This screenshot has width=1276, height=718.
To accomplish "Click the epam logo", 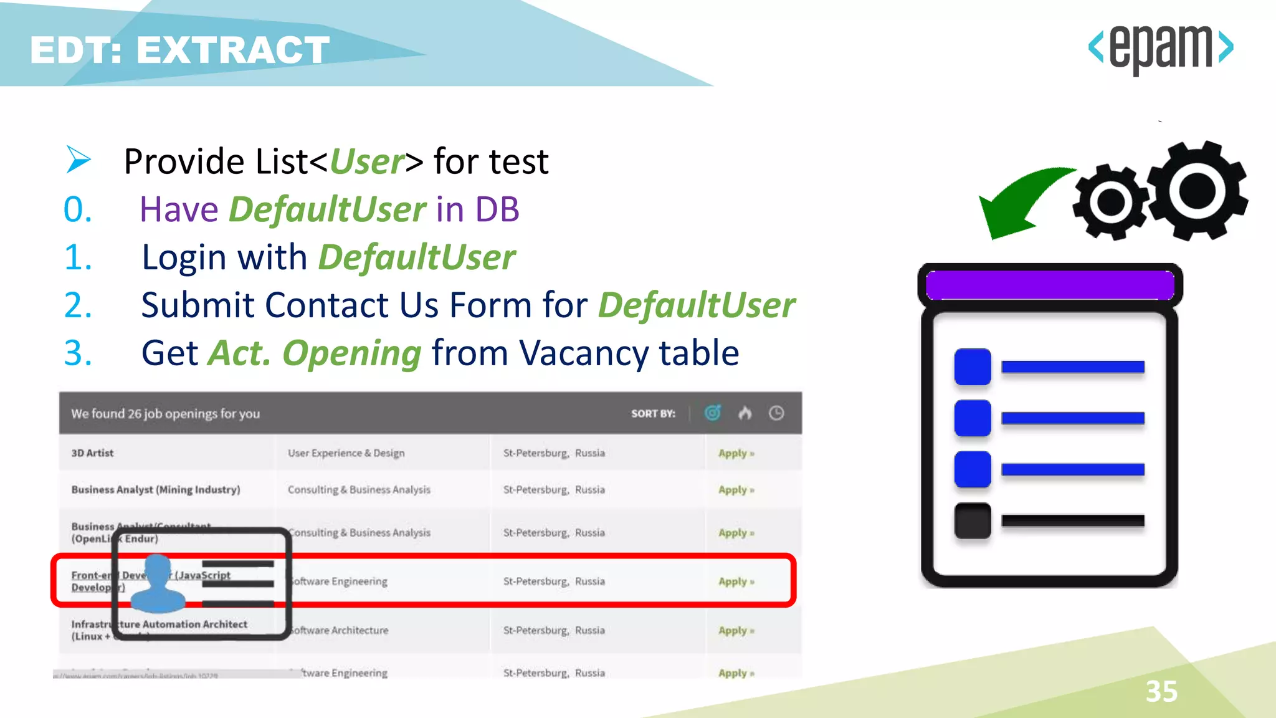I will pyautogui.click(x=1160, y=49).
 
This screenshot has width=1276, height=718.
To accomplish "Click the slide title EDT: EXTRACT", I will pyautogui.click(x=179, y=50).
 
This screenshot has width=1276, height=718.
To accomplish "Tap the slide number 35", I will pyautogui.click(x=1161, y=691).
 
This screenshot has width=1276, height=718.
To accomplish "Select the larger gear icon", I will pyautogui.click(x=1197, y=190).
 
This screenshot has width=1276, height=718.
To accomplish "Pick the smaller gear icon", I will pyautogui.click(x=1110, y=201).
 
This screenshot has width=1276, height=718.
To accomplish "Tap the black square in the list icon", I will pyautogui.click(x=972, y=520).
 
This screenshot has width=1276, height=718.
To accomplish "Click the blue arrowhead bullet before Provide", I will pyautogui.click(x=79, y=160).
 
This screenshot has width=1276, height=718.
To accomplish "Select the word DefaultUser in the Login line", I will pyautogui.click(x=416, y=257).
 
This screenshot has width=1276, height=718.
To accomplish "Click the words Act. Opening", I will pyautogui.click(x=315, y=353).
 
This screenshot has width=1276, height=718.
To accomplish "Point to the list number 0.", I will pyautogui.click(x=78, y=209).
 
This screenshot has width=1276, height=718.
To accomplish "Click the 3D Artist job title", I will pyautogui.click(x=92, y=453).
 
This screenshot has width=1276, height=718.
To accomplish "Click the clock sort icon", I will pyautogui.click(x=776, y=413).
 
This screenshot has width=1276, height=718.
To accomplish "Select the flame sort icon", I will pyautogui.click(x=745, y=413).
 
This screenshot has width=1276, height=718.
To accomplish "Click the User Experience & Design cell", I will pyautogui.click(x=346, y=453).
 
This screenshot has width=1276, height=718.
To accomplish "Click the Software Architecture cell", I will pyautogui.click(x=340, y=630).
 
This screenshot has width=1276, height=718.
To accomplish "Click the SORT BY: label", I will pyautogui.click(x=652, y=414).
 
